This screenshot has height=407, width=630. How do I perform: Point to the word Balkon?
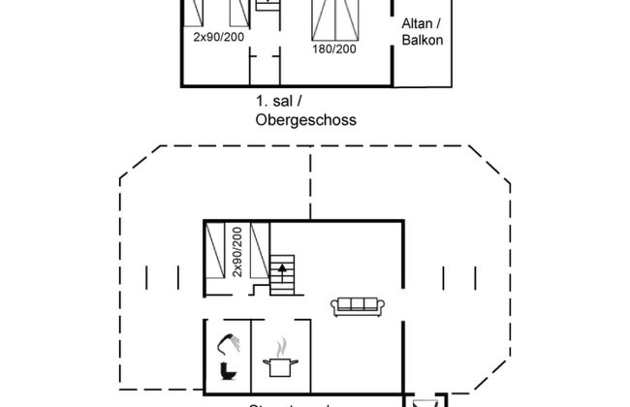coord(422,40)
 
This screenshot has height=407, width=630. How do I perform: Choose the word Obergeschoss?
coord(306,120)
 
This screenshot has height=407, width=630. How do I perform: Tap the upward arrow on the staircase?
coord(282,266)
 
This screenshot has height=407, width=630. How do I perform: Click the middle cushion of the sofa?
coord(359,305)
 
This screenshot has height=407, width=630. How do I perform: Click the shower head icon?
coord(228,342)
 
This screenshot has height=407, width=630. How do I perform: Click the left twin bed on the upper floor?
coord(195,13)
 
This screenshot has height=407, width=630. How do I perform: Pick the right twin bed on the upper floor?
coord(236,13)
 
